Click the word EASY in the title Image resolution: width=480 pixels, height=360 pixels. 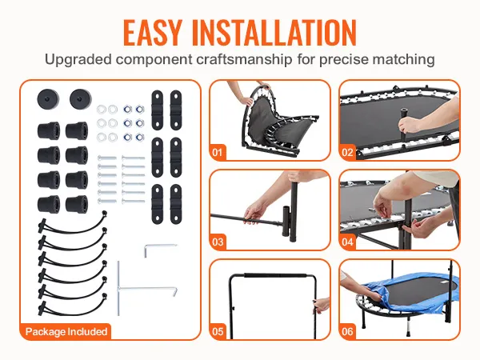pyautogui.click(x=152, y=33)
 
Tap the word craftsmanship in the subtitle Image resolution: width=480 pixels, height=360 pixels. pyautogui.click(x=244, y=59)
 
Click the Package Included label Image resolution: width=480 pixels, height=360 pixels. pyautogui.click(x=66, y=331)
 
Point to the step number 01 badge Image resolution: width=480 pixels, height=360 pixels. pyautogui.click(x=218, y=152)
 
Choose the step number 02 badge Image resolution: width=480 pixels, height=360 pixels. pyautogui.click(x=347, y=152)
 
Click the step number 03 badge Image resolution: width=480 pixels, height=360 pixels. pyautogui.click(x=218, y=242)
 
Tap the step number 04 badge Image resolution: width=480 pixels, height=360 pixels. pyautogui.click(x=347, y=242)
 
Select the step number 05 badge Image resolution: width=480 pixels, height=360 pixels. pyautogui.click(x=218, y=331)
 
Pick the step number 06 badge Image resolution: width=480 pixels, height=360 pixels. pyautogui.click(x=347, y=331)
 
